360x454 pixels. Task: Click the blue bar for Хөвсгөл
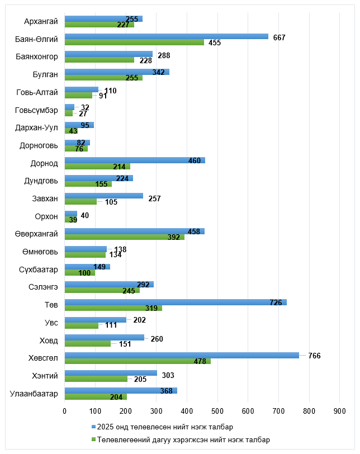click(x=182, y=355)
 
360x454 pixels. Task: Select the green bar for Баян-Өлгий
click(x=134, y=42)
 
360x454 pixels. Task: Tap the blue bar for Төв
click(x=176, y=302)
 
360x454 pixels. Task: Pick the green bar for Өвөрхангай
click(x=125, y=237)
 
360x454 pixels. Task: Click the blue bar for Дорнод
click(x=135, y=160)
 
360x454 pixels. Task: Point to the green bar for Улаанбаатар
click(x=96, y=396)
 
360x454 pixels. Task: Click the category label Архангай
click(x=41, y=22)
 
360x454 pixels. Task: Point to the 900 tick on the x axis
click(x=339, y=411)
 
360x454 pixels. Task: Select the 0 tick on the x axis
click(x=65, y=411)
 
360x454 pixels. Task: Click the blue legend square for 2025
click(x=93, y=427)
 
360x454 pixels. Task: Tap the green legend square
click(x=93, y=439)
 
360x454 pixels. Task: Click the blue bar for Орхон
click(x=71, y=214)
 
